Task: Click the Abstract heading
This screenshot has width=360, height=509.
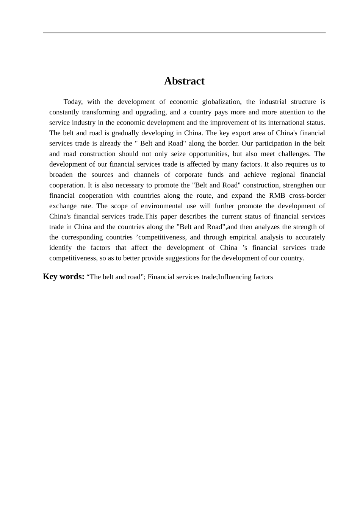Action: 184,81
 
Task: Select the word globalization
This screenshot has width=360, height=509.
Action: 221,102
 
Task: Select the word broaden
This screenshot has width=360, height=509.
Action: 61,175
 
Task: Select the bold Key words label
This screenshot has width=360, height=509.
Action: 64,276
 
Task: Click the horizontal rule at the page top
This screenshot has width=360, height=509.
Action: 184,33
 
